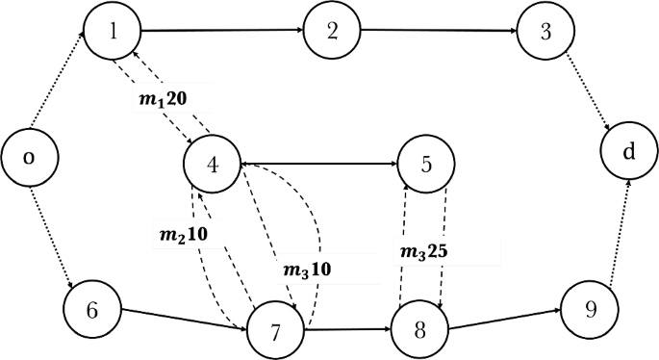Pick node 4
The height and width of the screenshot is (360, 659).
pos(212,163)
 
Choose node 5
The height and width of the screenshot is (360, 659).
pos(426,164)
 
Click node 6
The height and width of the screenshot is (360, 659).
pos(92,309)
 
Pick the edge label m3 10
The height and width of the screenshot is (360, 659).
pos(307,269)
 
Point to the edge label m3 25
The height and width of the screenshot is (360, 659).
pos(422,252)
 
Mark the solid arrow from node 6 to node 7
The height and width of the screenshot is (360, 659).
pos(184,320)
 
